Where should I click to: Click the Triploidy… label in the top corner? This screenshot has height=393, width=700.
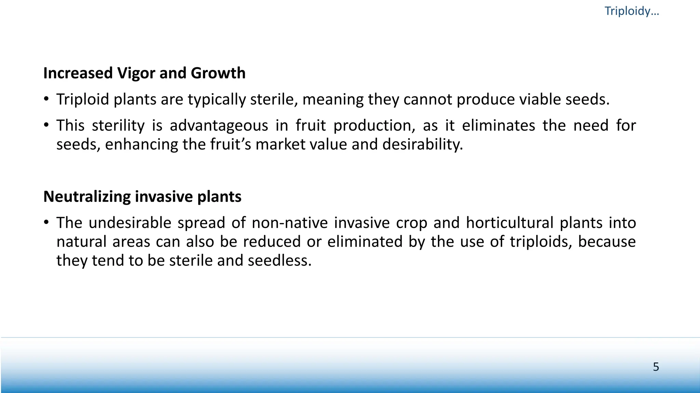coord(632,11)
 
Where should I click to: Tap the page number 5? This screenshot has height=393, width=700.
coord(656,367)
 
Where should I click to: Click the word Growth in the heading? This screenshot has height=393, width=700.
coord(218,73)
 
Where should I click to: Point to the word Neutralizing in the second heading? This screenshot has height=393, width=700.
coord(87,196)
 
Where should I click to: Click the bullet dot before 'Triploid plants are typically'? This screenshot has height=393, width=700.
coord(46,99)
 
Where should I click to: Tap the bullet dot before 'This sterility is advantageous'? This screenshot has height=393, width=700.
coord(46,125)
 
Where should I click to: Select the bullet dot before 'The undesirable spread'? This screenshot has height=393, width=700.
coord(46,222)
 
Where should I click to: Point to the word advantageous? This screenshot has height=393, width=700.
coord(219,126)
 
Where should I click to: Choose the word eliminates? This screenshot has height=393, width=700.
coord(498,125)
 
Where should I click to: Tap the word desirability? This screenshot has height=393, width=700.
coord(422,144)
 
